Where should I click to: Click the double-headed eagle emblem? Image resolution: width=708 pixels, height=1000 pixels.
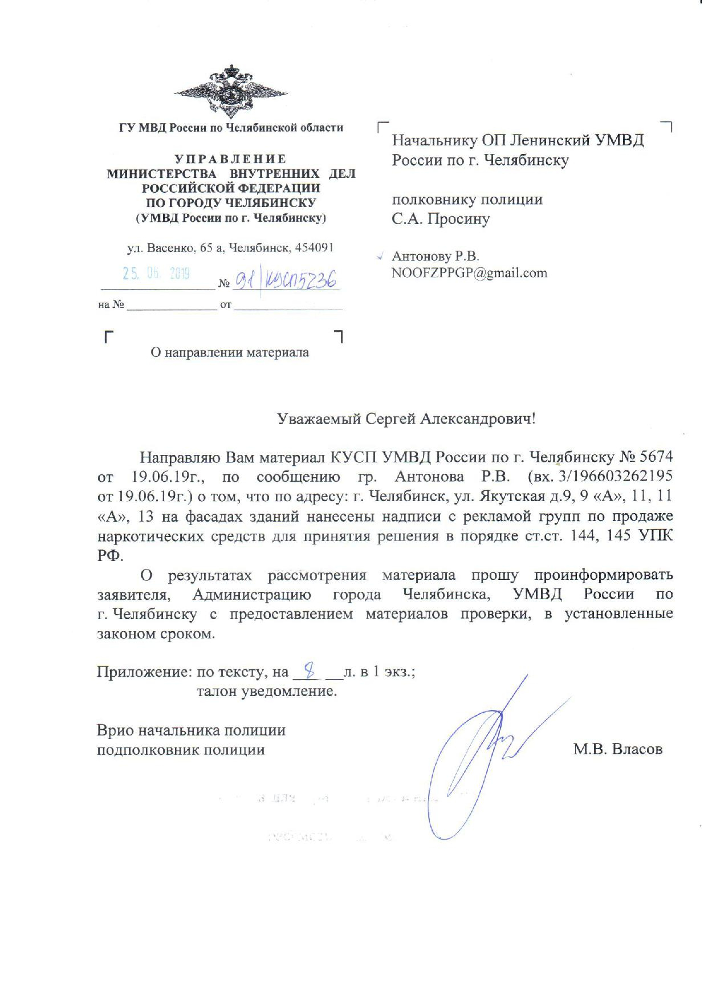pos(230,91)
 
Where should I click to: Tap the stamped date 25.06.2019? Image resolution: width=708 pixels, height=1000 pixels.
pos(156,274)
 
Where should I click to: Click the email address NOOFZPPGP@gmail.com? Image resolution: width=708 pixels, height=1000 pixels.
pos(469,273)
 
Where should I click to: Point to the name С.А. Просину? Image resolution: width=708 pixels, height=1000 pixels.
pos(441,219)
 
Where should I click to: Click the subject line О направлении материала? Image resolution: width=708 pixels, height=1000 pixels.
pos(230,353)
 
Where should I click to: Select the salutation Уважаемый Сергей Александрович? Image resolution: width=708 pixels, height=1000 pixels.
pos(406,420)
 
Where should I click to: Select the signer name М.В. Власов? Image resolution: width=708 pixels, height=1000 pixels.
pos(618,749)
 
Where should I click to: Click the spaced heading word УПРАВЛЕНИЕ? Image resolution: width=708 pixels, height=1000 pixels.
pos(230,159)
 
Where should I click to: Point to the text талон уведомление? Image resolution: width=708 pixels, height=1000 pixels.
pos(267,692)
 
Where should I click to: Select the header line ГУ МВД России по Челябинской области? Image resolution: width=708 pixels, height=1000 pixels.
pos(231,128)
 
